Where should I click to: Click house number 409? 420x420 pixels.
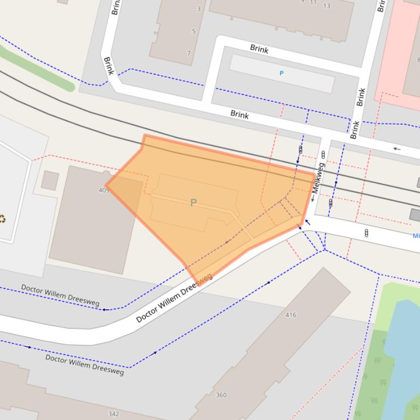pyautogui.click(x=104, y=190)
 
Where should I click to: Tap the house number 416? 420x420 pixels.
pyautogui.click(x=291, y=315)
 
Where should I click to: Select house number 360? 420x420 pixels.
pyautogui.click(x=221, y=395)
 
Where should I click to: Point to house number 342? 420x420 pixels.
pyautogui.click(x=113, y=414)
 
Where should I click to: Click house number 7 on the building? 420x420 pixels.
pyautogui.click(x=189, y=53)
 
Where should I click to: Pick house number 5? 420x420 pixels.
pyautogui.click(x=193, y=31)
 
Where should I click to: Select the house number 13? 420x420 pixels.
pyautogui.click(x=327, y=5)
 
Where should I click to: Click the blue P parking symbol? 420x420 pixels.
pyautogui.click(x=282, y=73)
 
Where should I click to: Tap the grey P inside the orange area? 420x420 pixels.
pyautogui.click(x=193, y=203)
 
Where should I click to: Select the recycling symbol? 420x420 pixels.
pyautogui.click(x=3, y=219)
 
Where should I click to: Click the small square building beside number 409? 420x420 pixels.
pyautogui.click(x=50, y=181)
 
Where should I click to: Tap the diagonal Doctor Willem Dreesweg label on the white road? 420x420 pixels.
pyautogui.click(x=174, y=298)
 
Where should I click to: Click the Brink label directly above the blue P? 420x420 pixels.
pyautogui.click(x=259, y=49)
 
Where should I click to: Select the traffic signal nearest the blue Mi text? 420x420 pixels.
pyautogui.click(x=366, y=233)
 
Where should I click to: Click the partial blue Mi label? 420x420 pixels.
pyautogui.click(x=416, y=236)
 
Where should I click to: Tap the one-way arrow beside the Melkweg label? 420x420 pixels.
pyautogui.click(x=312, y=199)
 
